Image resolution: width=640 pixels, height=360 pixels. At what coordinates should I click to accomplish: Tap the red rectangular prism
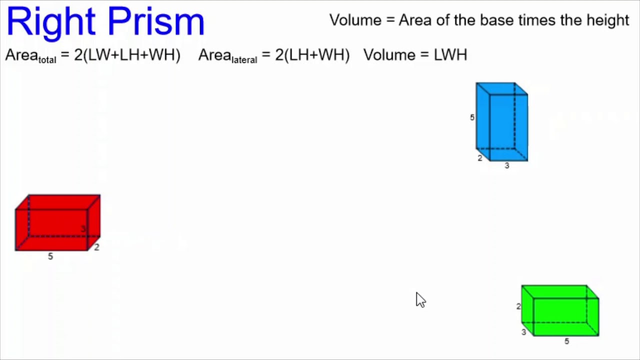coord(57,222)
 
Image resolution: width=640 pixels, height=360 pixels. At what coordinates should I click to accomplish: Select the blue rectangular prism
coord(501,121)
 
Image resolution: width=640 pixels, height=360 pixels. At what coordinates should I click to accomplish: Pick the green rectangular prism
coord(560,310)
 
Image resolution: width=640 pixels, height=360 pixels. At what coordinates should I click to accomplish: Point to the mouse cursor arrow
coord(419,299)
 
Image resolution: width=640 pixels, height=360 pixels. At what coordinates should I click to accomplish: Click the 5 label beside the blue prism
coord(472,117)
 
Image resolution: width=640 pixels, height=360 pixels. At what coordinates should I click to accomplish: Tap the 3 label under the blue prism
coord(506,165)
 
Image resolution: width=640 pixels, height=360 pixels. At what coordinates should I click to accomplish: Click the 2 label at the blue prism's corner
coord(480,158)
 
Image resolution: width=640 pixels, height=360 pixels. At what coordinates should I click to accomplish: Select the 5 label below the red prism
coord(50,256)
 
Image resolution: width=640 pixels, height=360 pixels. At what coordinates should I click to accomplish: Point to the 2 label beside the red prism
coord(96,247)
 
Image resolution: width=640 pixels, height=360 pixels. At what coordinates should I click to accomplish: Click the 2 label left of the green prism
coord(518,306)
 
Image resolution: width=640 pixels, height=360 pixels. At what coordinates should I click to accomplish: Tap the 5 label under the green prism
coord(566,341)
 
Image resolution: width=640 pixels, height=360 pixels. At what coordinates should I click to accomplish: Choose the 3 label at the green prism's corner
coord(523,332)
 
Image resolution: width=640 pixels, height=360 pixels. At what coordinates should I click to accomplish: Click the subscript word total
coord(47,60)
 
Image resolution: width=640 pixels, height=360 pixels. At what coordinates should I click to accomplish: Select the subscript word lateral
coord(244,60)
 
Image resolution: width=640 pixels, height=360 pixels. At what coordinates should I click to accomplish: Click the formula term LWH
coord(450,54)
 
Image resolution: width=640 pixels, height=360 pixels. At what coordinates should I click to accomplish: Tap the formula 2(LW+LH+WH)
coord(127,54)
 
